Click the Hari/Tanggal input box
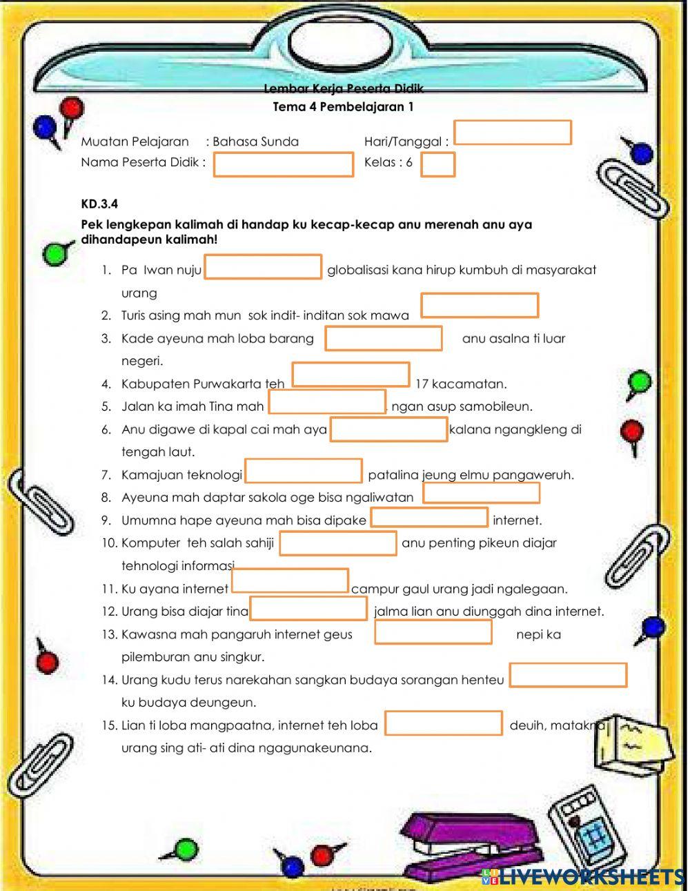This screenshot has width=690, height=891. point(512,133)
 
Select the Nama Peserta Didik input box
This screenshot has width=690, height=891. point(283,165)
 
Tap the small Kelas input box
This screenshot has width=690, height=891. point(437,165)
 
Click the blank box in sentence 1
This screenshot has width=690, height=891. point(263,267)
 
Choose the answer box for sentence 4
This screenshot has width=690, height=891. point(351,375)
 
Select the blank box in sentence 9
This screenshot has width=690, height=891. point(429,518)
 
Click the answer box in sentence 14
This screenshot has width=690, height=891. point(568,676)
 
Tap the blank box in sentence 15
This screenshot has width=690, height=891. point(443,723)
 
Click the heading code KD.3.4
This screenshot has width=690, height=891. point(99,204)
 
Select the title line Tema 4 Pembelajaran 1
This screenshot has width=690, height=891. point(343,107)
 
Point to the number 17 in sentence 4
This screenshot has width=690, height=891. point(422,384)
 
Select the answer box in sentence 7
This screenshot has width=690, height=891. point(304,471)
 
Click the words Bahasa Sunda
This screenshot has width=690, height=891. point(255,142)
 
